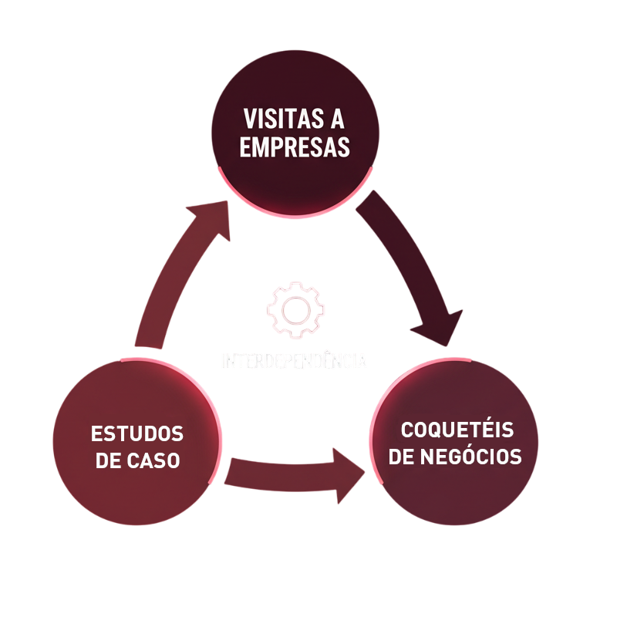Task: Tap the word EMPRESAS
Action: click(295, 147)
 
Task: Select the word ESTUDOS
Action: click(137, 433)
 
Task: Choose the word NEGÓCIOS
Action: click(474, 457)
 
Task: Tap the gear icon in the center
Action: click(295, 310)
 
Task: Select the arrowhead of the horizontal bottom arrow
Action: click(345, 474)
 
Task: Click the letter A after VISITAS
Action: click(337, 120)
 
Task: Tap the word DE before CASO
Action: click(107, 461)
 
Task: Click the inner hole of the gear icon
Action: click(295, 310)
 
